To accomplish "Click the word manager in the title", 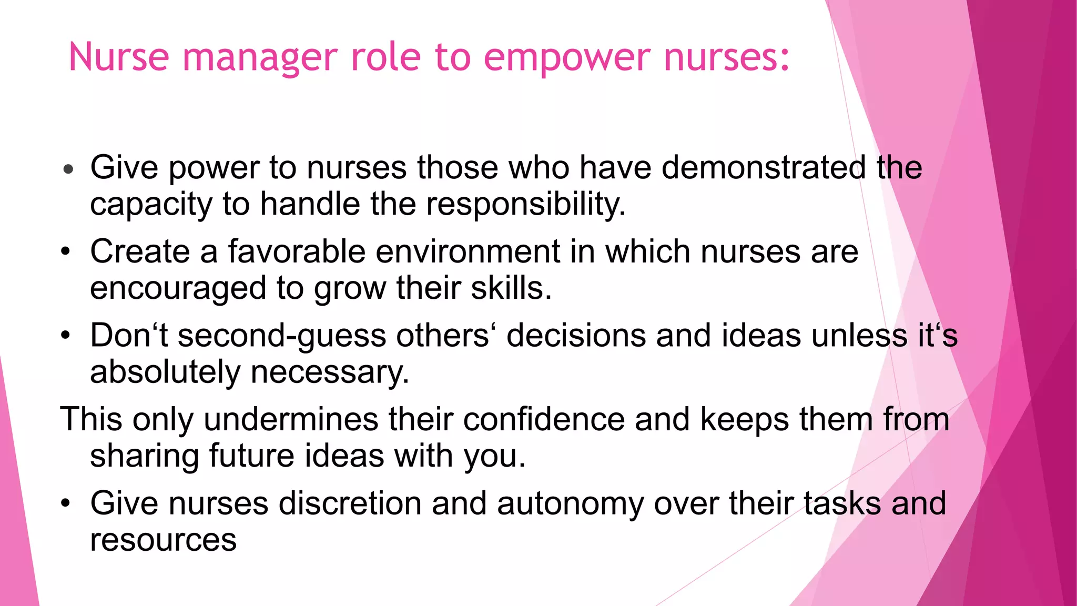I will click(260, 57).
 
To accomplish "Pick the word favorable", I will click(296, 251).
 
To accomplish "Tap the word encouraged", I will click(178, 288).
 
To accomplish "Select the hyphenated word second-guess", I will click(282, 336).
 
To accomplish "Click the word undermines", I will click(291, 420).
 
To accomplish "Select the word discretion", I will click(350, 503).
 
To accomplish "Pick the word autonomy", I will click(570, 503).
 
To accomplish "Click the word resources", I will click(163, 540).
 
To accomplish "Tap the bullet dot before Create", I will click(65, 251).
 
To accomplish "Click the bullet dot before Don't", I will click(65, 336).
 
